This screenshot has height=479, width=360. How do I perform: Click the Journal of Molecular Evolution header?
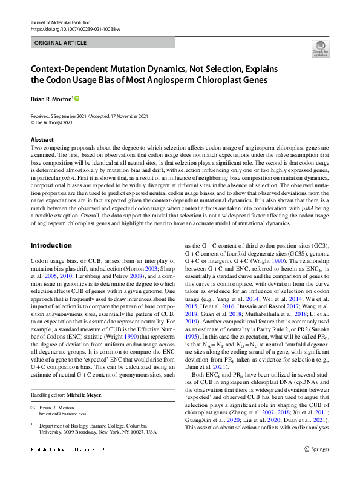[x=60, y=22]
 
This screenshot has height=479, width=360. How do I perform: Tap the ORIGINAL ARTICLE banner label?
[x=61, y=44]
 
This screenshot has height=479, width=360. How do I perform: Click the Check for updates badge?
[x=320, y=49]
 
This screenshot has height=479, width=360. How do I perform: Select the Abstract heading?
[x=41, y=140]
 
